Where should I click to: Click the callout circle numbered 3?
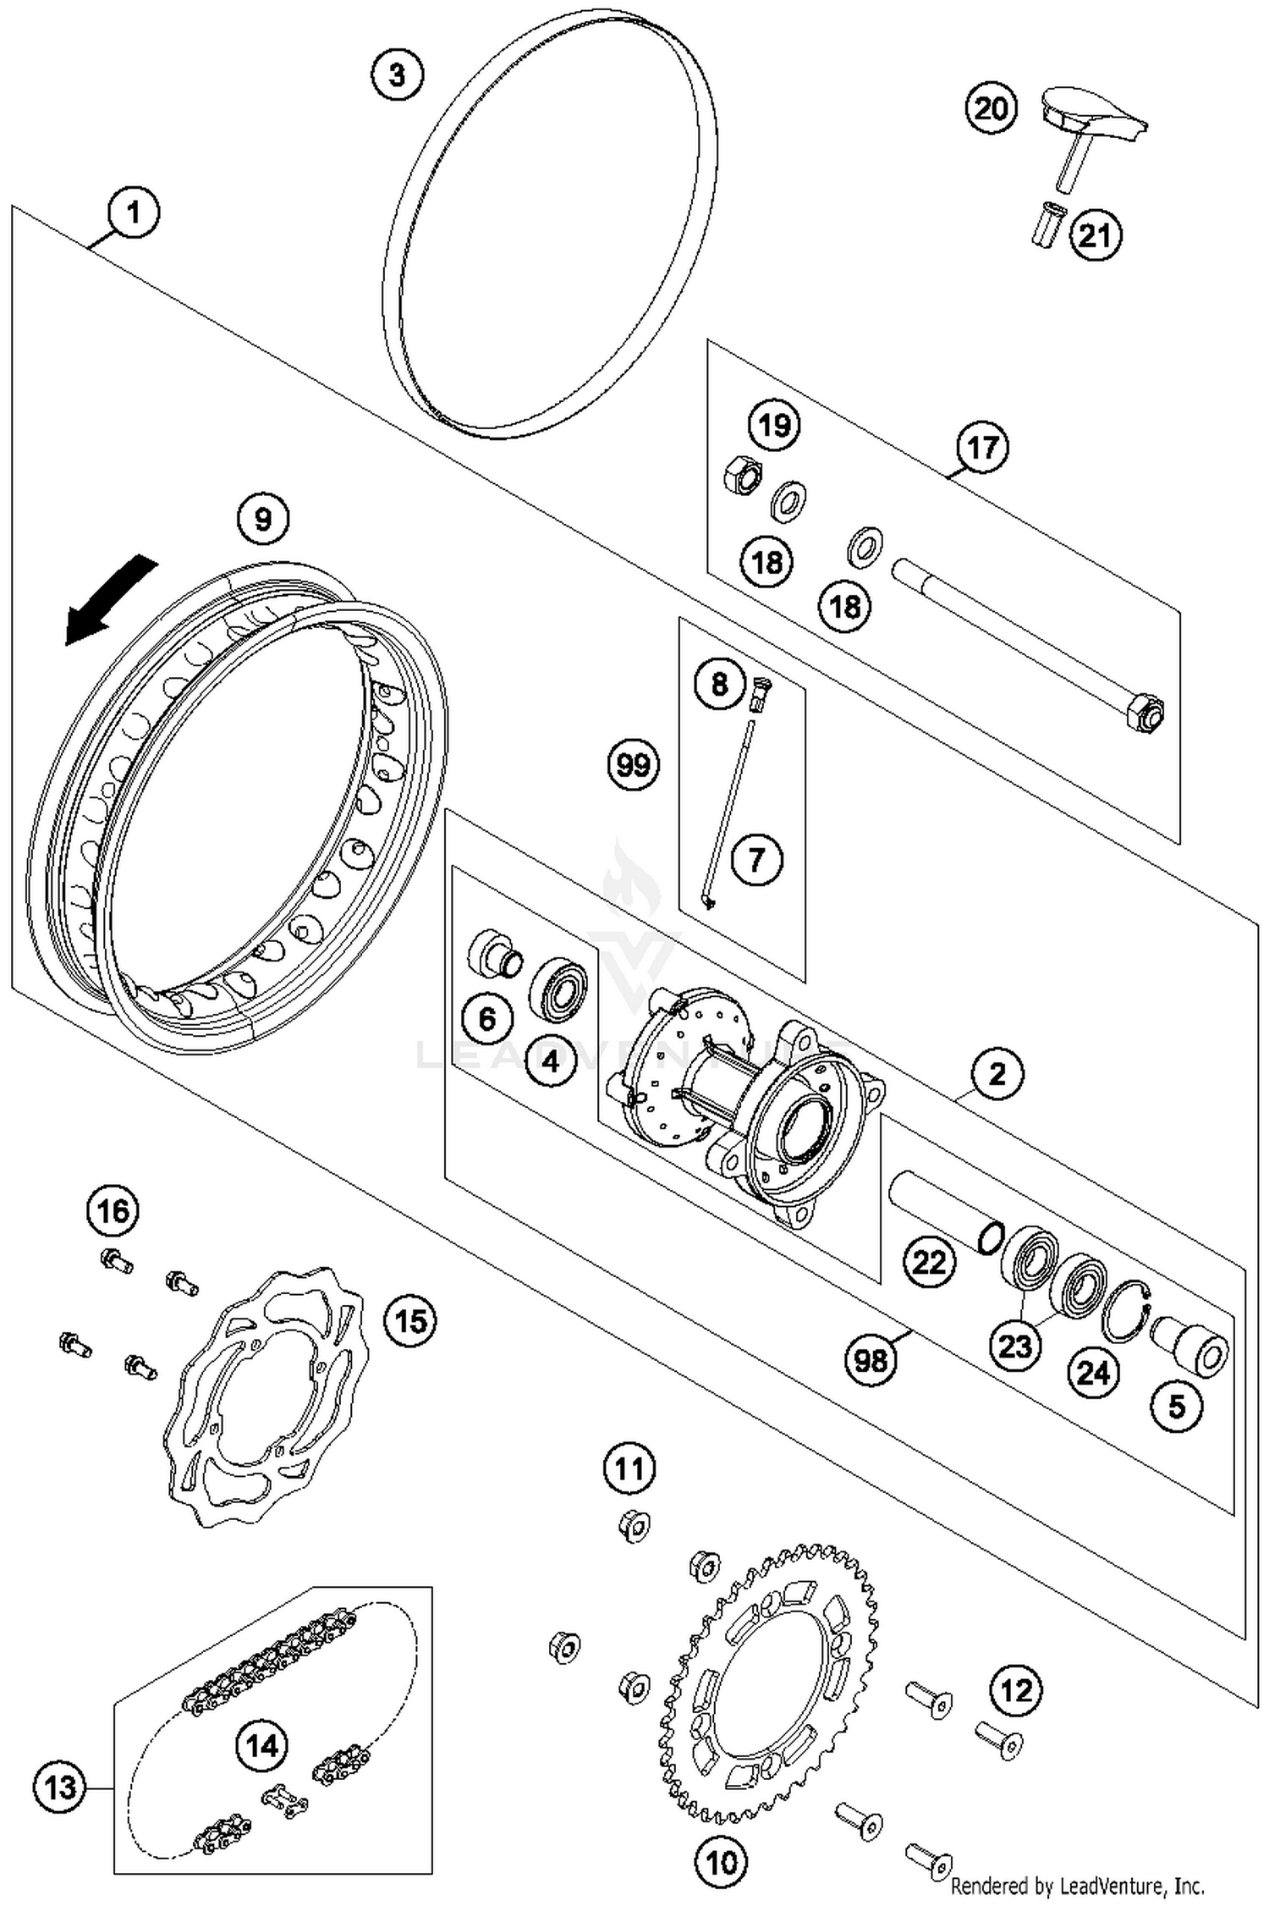[x=397, y=74]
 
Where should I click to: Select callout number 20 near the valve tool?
[x=991, y=108]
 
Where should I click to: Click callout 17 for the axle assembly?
[x=982, y=447]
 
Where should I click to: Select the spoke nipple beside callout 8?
[x=761, y=694]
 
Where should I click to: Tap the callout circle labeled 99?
[x=634, y=765]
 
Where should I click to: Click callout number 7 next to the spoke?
[x=755, y=860]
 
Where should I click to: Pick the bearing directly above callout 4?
[x=558, y=987]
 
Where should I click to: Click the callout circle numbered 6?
[x=487, y=1018]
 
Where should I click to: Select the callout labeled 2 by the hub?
[x=997, y=1074]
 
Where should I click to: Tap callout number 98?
[x=871, y=1360]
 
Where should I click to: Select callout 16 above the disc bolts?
[x=113, y=1211]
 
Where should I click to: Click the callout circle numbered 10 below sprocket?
[x=721, y=1862]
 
